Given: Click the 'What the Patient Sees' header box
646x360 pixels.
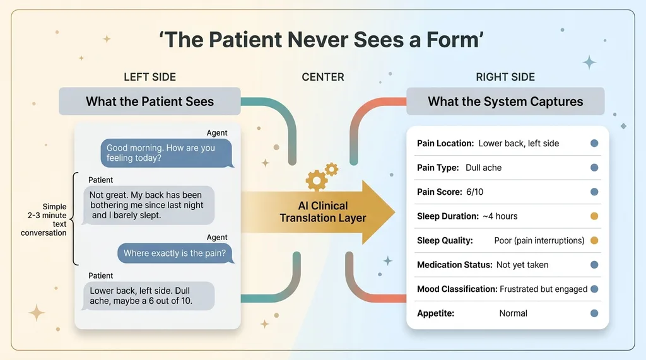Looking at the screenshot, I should coord(150,102).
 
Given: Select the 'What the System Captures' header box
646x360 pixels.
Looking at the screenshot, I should coord(505,102).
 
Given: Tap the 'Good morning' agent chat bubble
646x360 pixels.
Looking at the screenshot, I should coord(166,153).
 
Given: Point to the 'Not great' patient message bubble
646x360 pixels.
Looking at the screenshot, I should coord(148,205).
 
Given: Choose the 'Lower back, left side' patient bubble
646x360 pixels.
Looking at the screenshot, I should coord(148,296).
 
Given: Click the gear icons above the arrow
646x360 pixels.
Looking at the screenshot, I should coord(321,176).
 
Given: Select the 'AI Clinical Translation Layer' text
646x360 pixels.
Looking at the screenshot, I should coord(323,212).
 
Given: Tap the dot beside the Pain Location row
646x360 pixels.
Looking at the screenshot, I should coord(594,144).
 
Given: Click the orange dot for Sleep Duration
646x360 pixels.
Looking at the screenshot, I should coord(594,216).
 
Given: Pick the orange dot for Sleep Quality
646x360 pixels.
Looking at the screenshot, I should coord(594,241).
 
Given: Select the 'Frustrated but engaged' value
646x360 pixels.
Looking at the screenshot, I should coord(543,289).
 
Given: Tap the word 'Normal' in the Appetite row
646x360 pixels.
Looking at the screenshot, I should coord(513,313).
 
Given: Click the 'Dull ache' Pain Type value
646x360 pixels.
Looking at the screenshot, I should coord(483,168).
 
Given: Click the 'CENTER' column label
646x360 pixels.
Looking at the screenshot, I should coord(323,77).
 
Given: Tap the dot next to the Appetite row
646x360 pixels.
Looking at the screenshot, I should coord(594,313).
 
